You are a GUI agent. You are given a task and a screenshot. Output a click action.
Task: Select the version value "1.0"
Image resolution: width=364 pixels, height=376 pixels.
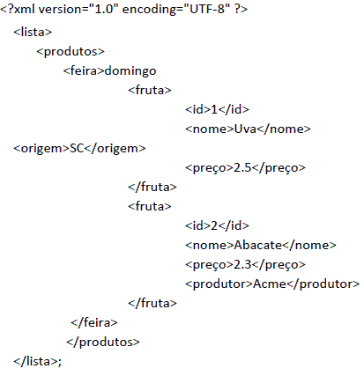(104, 9)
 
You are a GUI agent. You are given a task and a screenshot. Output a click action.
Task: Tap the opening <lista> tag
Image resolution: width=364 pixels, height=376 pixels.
(33, 32)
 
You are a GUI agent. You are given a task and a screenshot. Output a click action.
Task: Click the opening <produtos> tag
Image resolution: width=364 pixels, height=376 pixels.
(71, 52)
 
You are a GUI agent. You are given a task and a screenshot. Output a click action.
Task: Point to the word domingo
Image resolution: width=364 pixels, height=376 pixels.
(130, 71)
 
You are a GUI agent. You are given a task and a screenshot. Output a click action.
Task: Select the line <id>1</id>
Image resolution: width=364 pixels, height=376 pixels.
(217, 109)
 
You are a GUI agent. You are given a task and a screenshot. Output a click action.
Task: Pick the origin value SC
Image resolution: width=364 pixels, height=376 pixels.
(77, 148)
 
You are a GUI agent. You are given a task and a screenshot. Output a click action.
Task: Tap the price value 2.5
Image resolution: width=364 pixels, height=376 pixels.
(242, 167)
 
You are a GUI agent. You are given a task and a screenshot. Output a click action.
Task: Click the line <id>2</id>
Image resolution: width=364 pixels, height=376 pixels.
(217, 225)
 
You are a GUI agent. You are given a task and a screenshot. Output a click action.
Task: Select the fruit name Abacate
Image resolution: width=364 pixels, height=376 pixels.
(258, 245)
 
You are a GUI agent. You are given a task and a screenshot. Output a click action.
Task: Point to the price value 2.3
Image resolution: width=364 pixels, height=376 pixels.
(242, 264)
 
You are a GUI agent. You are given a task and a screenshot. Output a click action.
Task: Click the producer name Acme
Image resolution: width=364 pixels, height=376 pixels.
(270, 284)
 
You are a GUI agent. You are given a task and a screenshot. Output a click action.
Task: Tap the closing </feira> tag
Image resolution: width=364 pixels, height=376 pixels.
(94, 322)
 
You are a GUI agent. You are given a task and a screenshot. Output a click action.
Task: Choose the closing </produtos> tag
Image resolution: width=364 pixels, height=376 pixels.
(103, 343)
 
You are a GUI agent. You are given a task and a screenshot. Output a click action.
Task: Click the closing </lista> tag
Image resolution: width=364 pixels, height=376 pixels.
(35, 361)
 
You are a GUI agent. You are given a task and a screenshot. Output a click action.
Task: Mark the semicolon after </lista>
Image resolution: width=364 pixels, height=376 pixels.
(60, 363)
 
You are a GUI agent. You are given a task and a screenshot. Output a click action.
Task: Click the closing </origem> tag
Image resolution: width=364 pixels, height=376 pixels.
(115, 149)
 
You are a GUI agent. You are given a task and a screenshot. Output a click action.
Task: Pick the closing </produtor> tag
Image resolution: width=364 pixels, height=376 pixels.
(323, 284)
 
